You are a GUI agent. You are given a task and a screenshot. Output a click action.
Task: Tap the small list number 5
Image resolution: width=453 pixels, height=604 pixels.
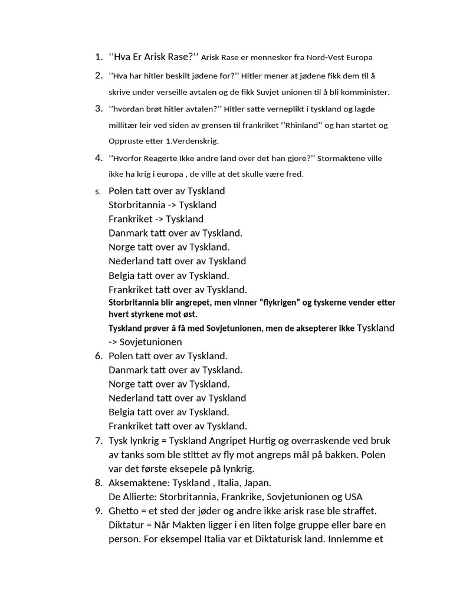97,192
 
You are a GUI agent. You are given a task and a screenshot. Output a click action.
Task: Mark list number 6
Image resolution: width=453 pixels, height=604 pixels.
98,356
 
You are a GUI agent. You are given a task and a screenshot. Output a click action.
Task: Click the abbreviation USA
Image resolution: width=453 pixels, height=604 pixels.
352,497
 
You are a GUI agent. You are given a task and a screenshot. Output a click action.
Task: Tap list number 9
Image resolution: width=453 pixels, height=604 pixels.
98,511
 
